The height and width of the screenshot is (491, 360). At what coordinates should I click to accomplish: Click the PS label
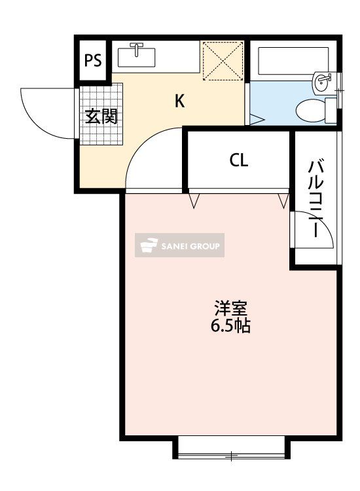[93, 62]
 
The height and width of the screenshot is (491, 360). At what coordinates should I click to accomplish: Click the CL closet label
[238, 160]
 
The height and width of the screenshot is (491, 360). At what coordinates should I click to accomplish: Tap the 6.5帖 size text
[230, 325]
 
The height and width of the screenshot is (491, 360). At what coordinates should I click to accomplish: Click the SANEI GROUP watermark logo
[179, 245]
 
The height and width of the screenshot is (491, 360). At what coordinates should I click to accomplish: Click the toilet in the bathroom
[313, 110]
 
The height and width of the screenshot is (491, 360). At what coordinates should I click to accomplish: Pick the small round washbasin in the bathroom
[322, 82]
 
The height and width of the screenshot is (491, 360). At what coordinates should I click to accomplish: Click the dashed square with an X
[223, 61]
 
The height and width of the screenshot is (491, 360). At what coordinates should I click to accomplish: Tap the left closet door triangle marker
[194, 200]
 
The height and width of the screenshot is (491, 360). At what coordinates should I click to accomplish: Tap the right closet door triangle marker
[283, 200]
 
